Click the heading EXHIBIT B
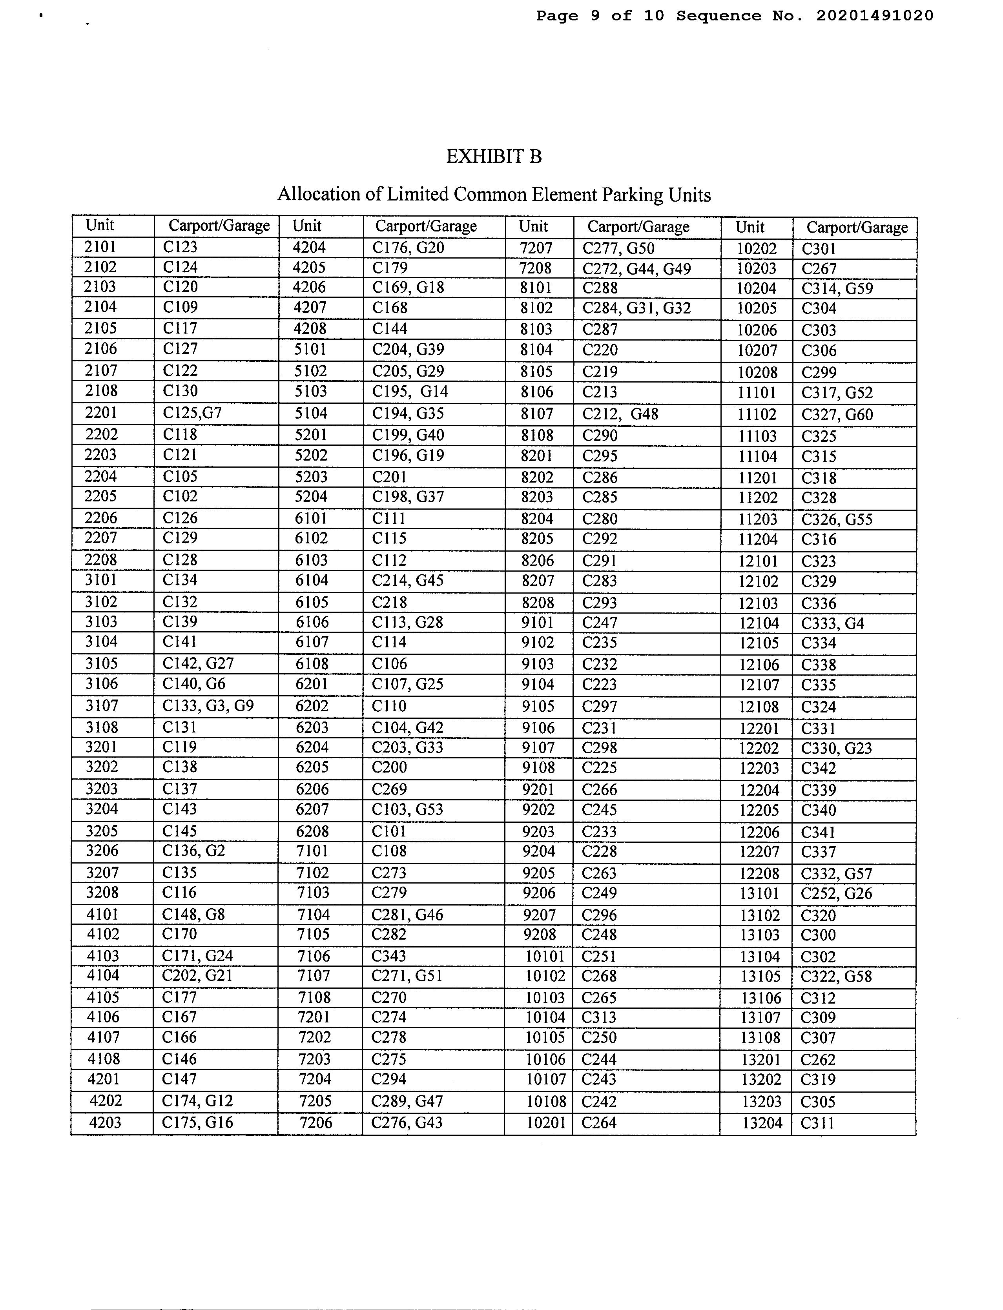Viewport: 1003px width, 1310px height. point(494,157)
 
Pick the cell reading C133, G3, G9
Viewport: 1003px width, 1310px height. point(208,706)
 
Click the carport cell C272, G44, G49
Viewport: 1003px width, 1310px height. point(636,269)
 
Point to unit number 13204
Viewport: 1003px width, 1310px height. point(762,1123)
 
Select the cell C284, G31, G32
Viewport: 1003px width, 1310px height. point(636,308)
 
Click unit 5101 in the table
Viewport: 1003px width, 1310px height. point(310,349)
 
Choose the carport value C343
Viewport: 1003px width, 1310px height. point(388,956)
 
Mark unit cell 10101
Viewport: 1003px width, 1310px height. point(545,956)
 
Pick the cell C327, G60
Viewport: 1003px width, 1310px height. point(837,415)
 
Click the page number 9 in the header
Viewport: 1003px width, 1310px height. point(595,16)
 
